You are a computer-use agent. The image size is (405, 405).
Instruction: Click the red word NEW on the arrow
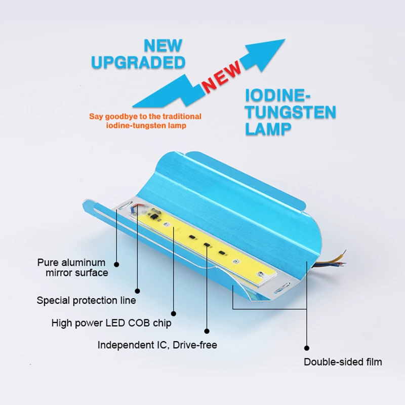(222, 77)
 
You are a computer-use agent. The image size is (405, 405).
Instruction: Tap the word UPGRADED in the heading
(138, 62)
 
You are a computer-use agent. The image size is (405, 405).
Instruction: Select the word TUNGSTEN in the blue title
(291, 112)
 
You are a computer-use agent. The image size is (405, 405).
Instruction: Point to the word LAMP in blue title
(268, 129)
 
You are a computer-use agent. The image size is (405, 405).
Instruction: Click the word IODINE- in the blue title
(277, 95)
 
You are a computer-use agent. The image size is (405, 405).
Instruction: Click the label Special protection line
(86, 300)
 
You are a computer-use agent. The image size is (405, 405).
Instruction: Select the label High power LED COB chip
(111, 323)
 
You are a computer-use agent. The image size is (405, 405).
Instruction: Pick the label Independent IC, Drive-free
(157, 345)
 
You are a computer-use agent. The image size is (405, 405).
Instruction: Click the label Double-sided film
(343, 362)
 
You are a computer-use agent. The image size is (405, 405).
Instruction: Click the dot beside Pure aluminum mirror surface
(116, 264)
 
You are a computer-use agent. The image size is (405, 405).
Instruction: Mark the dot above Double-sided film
(307, 348)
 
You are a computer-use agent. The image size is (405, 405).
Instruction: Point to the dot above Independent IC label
(207, 331)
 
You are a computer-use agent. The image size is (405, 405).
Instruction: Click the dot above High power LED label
(174, 313)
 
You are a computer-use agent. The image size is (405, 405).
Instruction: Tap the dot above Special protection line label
(137, 291)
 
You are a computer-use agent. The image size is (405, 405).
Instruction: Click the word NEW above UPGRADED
(163, 46)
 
